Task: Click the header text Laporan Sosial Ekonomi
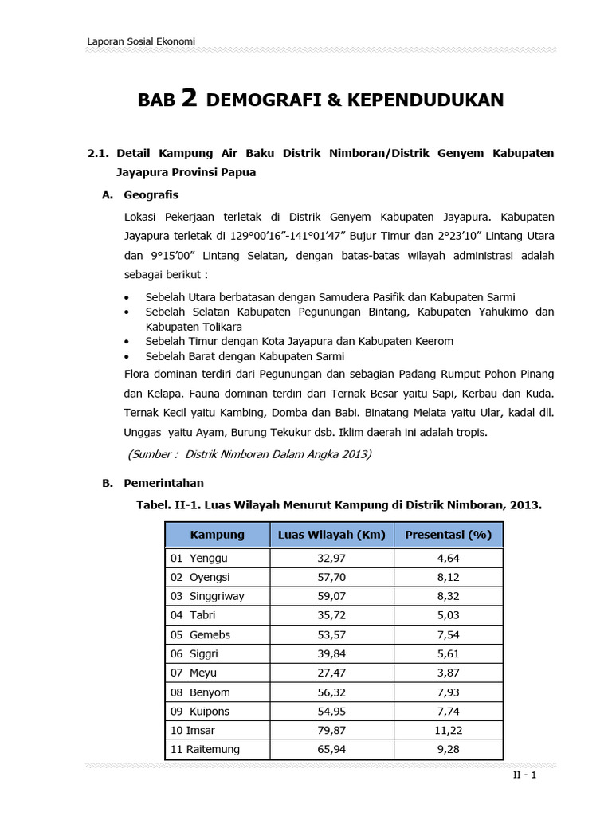[141, 41]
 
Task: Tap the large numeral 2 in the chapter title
[189, 98]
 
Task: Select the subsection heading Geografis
[151, 194]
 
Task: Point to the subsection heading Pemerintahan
[163, 482]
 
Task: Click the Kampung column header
[217, 534]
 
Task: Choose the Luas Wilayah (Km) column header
[331, 534]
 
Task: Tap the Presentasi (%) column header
[448, 534]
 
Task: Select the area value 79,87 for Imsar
[331, 730]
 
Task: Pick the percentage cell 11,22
[448, 730]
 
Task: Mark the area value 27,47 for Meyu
[331, 673]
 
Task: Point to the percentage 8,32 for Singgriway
[448, 596]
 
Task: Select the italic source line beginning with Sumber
[249, 454]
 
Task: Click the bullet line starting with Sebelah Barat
[245, 356]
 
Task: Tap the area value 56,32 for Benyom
[331, 692]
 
